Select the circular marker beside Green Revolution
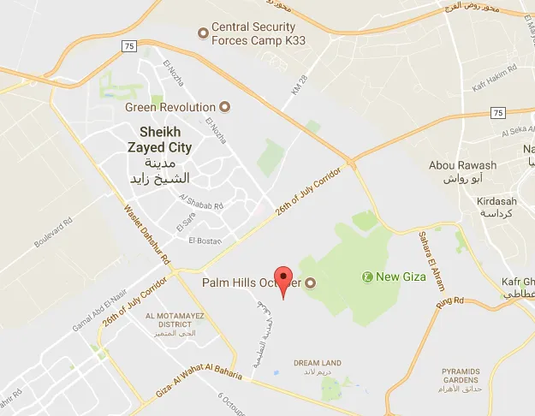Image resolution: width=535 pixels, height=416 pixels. [x=225, y=107]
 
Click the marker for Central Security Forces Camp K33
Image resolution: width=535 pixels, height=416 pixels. [x=203, y=33]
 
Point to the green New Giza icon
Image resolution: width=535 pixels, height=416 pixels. [x=367, y=276]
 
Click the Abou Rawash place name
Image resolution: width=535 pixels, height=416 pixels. [x=463, y=166]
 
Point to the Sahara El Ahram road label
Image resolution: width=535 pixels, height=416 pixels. [x=430, y=253]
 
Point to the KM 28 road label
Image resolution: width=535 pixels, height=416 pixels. [x=297, y=85]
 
